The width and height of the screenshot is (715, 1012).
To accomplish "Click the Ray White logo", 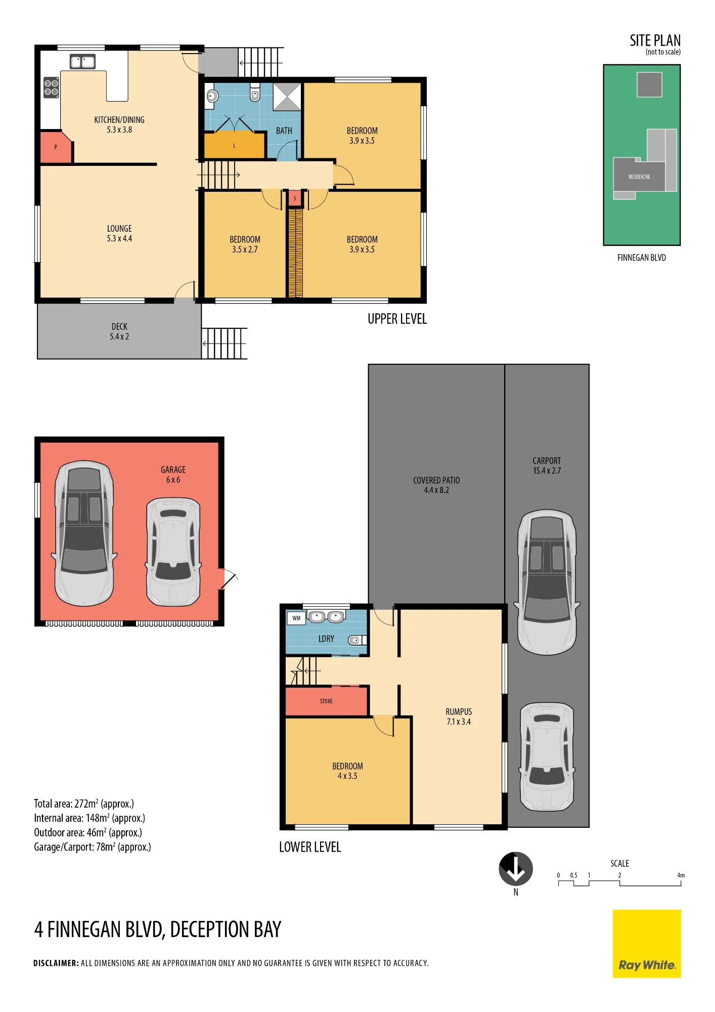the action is [647, 944].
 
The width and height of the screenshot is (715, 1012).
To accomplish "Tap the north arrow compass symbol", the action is [516, 869].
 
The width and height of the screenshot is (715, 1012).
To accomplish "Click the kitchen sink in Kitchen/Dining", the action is [82, 62].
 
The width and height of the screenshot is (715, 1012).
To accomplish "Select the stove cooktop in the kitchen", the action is [51, 87].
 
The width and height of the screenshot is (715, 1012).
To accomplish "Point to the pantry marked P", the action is [56, 147].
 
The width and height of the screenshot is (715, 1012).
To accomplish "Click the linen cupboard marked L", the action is [234, 146].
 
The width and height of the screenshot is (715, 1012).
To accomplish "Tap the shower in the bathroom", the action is [287, 97].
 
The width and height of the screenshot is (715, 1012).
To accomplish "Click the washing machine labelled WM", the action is [296, 618].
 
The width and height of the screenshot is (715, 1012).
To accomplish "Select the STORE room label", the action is [326, 701].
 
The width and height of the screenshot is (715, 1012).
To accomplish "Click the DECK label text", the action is [119, 327].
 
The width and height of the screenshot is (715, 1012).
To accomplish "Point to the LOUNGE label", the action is [119, 229].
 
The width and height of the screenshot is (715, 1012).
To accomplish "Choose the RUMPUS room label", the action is [459, 712].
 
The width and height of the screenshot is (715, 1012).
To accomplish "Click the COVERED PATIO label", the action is [436, 480].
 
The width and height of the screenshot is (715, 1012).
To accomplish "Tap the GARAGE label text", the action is [173, 470].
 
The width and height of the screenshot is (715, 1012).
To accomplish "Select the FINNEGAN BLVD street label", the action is [642, 258].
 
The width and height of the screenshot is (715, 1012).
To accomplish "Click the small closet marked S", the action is [295, 198].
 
